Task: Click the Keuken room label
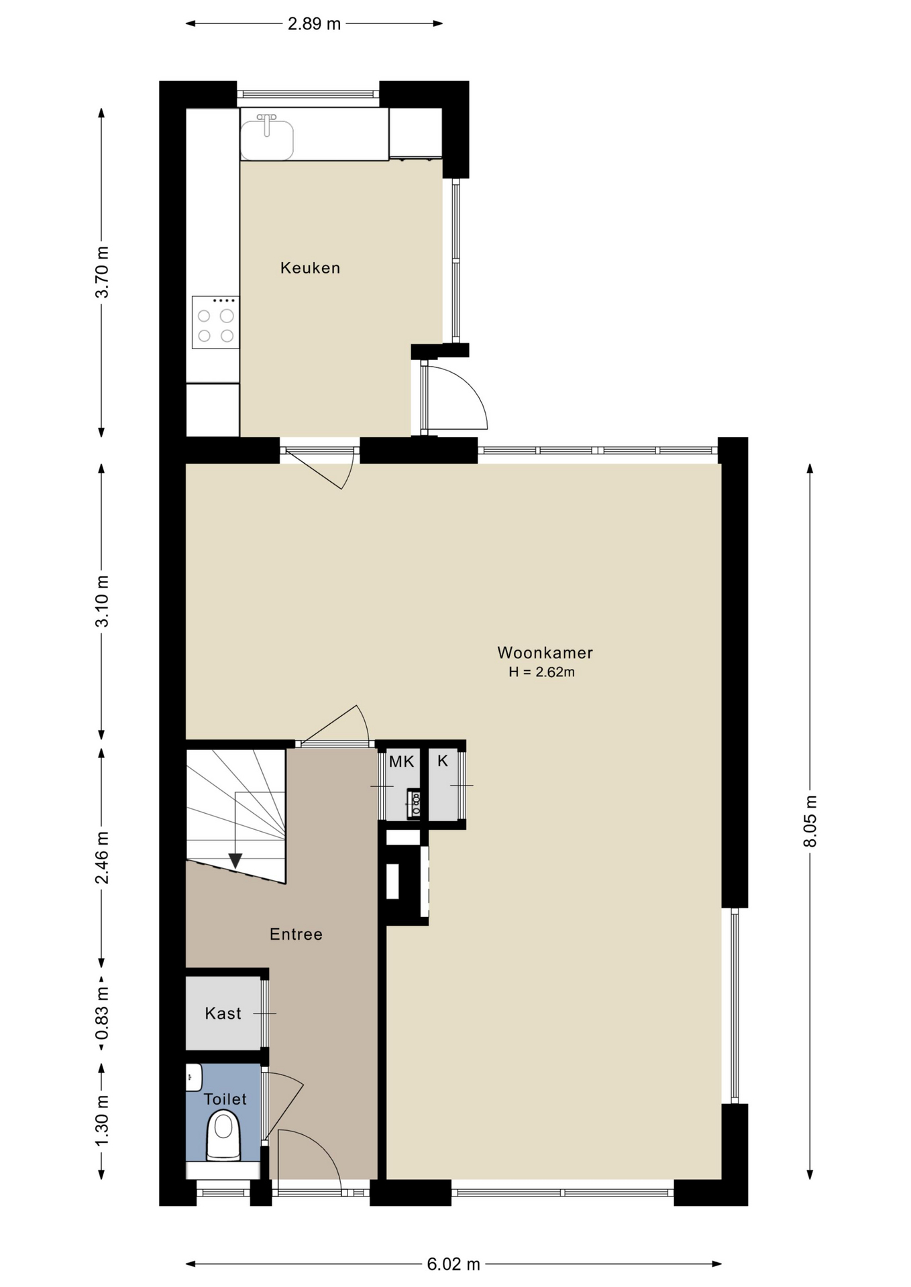point(310,268)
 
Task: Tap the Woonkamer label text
point(545,653)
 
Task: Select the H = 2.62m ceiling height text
point(541,672)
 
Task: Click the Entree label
point(296,934)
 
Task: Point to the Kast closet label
point(223,1014)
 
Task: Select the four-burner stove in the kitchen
point(215,322)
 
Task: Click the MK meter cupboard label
point(402,761)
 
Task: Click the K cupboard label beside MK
point(443,761)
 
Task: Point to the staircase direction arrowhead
point(235,860)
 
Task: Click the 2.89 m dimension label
point(314,24)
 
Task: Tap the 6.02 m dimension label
point(453,1264)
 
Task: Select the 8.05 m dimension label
point(810,821)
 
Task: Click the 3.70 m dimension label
point(101,272)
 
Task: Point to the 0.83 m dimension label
point(101,1013)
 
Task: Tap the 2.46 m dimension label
point(101,858)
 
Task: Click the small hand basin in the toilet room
point(193,1077)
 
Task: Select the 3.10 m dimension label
point(101,601)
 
